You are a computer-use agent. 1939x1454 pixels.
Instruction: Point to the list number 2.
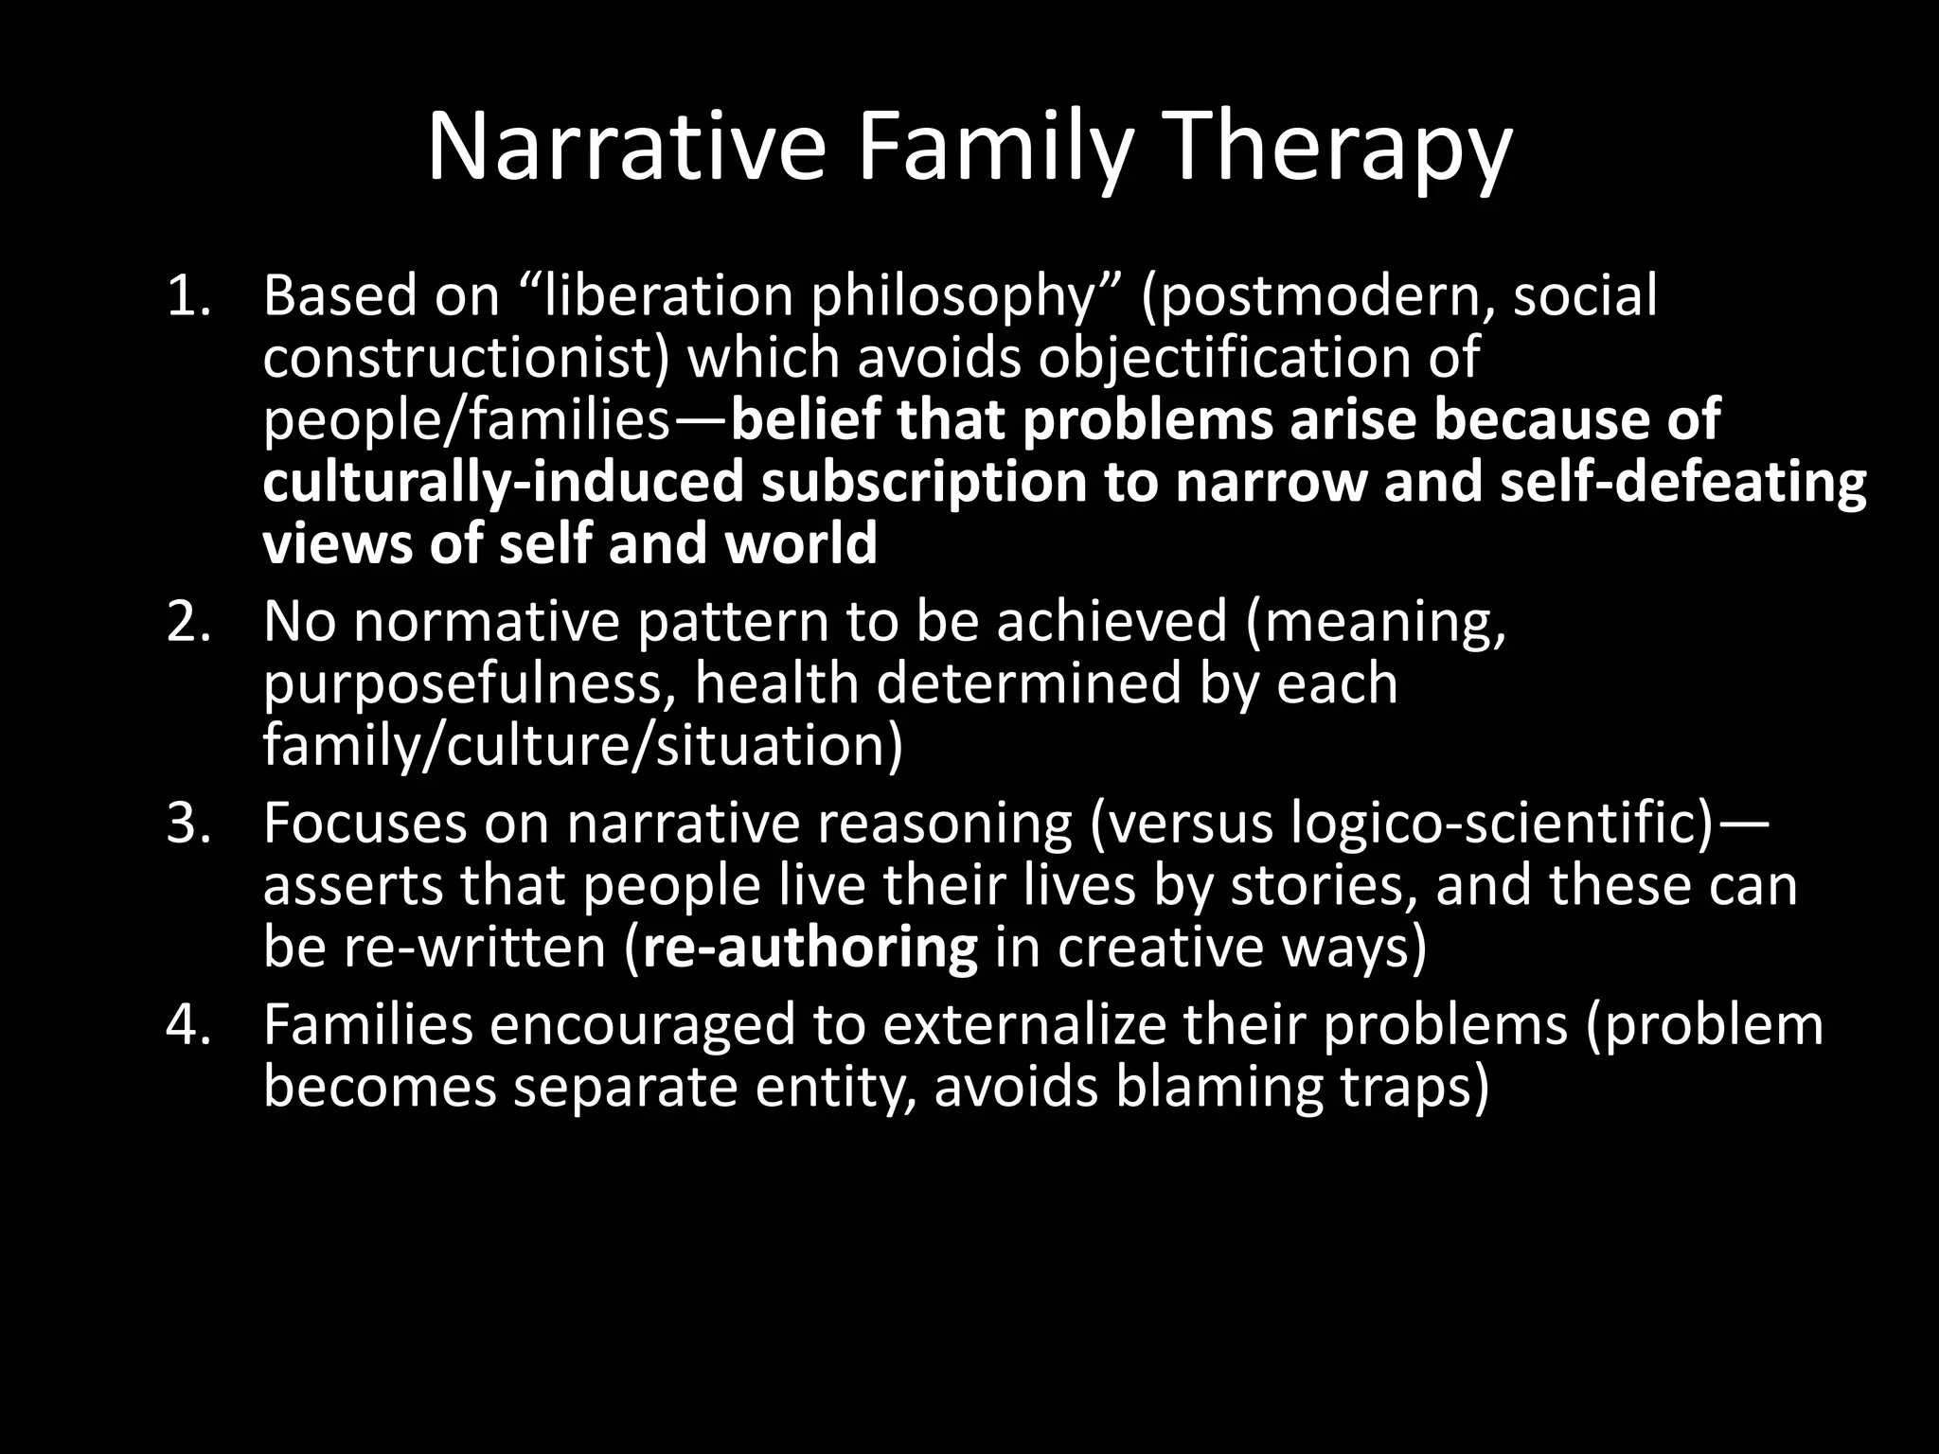(x=187, y=622)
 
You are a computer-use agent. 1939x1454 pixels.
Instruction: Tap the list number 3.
(x=187, y=823)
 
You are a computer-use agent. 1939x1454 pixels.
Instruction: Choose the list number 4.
(x=187, y=1024)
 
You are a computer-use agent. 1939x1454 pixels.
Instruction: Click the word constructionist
(x=464, y=358)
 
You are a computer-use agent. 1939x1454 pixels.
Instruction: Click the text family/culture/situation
(x=582, y=747)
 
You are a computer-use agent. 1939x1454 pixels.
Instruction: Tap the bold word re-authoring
(x=810, y=949)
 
